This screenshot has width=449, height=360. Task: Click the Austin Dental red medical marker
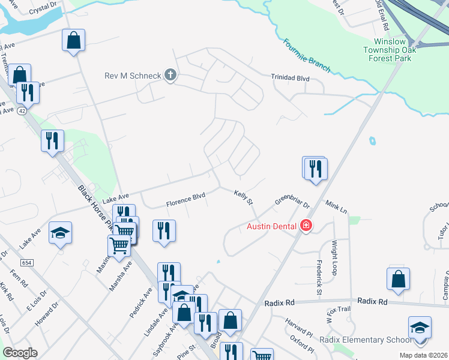[306, 226]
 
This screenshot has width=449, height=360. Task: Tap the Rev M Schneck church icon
[170, 75]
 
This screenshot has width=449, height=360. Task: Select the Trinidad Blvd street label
[290, 77]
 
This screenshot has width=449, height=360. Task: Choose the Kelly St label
[243, 196]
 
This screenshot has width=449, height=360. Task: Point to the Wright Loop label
[333, 254]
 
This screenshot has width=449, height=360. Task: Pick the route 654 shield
[26, 263]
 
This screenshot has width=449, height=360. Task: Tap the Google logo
[20, 353]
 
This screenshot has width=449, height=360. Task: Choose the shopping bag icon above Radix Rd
[398, 279]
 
